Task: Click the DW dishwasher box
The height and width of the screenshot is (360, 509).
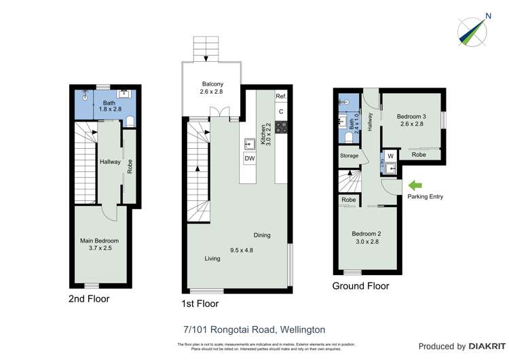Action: tap(250, 158)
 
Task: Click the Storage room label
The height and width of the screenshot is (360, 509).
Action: tap(349, 156)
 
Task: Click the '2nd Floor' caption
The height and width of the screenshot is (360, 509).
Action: tap(89, 298)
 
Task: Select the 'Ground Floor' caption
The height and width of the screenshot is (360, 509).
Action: tap(360, 286)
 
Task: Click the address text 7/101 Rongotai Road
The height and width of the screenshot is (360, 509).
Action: tap(254, 329)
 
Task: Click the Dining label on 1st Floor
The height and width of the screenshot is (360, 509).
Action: tap(262, 235)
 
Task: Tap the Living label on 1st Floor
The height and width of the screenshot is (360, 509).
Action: tap(212, 259)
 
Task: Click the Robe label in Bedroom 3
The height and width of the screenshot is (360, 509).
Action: tap(419, 155)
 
